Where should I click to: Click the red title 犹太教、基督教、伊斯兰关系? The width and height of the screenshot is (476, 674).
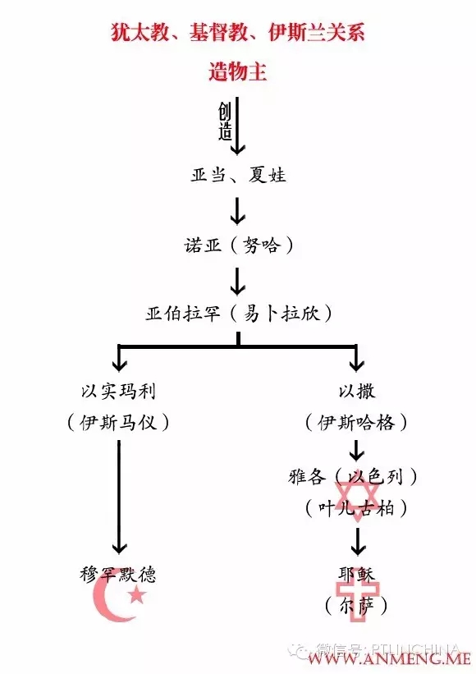(x=238, y=34)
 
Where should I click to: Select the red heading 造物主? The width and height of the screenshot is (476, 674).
(x=237, y=71)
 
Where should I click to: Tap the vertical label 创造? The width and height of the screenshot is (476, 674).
(x=225, y=122)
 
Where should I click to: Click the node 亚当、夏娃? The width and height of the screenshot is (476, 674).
(x=238, y=175)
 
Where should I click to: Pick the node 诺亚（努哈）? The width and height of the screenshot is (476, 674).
(x=238, y=245)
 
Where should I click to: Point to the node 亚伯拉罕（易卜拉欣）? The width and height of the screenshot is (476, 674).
(x=238, y=314)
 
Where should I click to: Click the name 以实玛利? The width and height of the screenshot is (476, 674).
(x=118, y=387)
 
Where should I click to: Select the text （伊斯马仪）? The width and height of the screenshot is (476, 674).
(x=118, y=423)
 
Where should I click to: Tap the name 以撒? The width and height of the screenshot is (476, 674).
(x=355, y=387)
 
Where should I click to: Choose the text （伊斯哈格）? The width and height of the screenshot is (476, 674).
(x=355, y=423)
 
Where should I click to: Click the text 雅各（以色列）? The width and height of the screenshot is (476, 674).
(x=355, y=476)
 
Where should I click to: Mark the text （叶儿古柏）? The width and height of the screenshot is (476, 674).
(x=355, y=508)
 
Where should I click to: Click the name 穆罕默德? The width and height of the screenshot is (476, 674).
(x=118, y=574)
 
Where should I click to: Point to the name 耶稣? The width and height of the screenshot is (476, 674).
(x=355, y=573)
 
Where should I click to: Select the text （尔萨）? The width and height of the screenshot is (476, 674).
(x=355, y=607)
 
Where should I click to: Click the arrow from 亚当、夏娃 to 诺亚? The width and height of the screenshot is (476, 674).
(x=238, y=210)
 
